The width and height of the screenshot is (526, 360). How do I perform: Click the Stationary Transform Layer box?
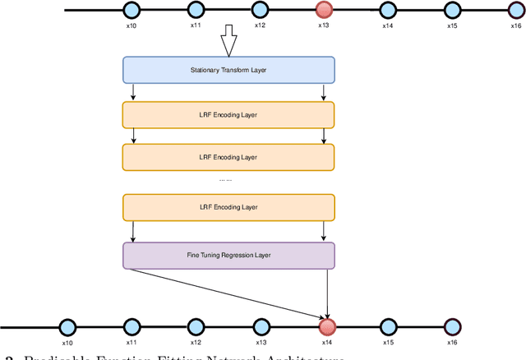[x=228, y=70]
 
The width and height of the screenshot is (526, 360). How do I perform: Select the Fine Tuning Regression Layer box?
[x=228, y=255]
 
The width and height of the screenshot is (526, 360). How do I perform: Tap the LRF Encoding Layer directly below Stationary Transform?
[x=228, y=114]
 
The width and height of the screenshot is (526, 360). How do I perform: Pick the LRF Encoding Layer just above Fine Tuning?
[x=228, y=206]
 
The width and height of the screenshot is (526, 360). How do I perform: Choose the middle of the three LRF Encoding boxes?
[x=228, y=156]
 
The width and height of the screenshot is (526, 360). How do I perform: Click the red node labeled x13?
[x=324, y=10]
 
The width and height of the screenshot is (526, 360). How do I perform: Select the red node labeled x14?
[x=328, y=325]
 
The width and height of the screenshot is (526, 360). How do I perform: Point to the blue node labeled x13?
[x=261, y=325]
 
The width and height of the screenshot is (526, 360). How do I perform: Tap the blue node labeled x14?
[x=387, y=10]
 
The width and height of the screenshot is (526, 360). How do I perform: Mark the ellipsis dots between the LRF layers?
[x=225, y=179]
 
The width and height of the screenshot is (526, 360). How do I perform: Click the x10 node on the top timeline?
[x=131, y=10]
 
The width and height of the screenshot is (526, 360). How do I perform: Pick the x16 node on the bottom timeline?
[x=451, y=325]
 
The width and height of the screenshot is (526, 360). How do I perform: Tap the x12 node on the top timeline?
[x=259, y=10]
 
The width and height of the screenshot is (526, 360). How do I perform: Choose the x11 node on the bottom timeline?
[x=131, y=325]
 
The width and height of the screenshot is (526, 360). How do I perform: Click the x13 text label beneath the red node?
[x=324, y=25]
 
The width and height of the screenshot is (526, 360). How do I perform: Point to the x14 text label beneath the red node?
[x=328, y=342]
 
